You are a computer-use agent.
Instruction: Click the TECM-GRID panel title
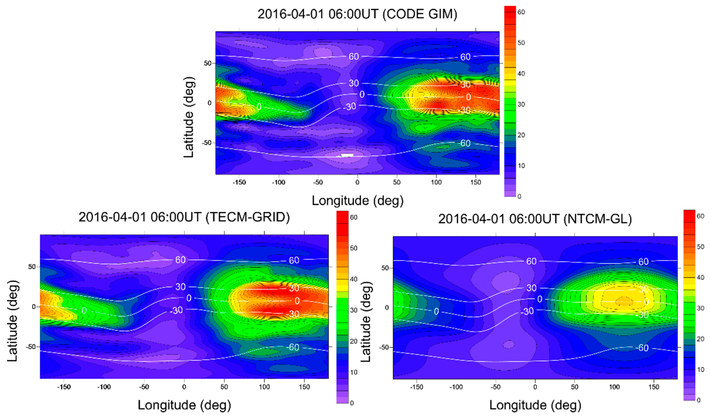coord(184,217)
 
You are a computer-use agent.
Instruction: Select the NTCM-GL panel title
coord(535,219)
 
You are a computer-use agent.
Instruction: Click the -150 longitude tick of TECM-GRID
coord(64,387)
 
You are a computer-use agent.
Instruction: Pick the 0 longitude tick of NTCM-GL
coord(535,387)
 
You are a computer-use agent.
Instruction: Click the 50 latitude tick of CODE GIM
coord(208,63)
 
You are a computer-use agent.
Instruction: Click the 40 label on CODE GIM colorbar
coord(521,74)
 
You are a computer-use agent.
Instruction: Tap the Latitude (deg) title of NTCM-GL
coord(366,322)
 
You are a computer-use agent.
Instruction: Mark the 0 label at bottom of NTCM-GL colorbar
coord(698,400)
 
